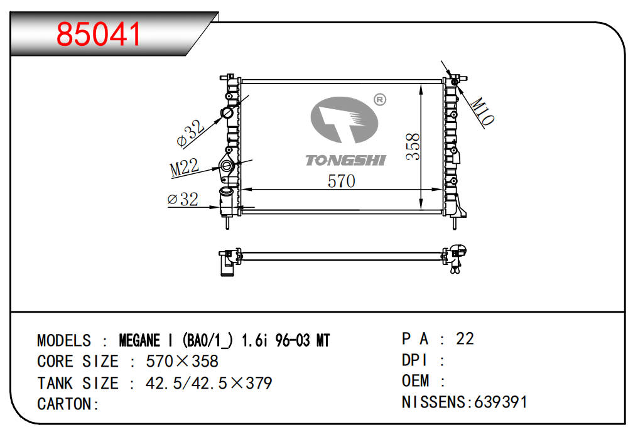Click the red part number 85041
click(x=99, y=35)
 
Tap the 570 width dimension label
click(x=342, y=181)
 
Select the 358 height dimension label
click(x=413, y=146)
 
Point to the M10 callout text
click(x=482, y=111)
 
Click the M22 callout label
click(x=184, y=167)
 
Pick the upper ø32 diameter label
click(x=190, y=132)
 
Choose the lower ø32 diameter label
click(x=183, y=199)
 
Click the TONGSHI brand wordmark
click(x=345, y=160)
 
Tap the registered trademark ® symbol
click(x=380, y=100)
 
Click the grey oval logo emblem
click(x=344, y=120)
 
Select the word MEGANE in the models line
click(x=139, y=340)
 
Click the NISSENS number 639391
click(x=500, y=402)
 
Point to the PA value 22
click(x=465, y=338)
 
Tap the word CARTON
click(x=64, y=404)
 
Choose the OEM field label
click(x=416, y=380)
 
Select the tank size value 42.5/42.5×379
click(x=208, y=383)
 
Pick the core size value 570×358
click(x=182, y=361)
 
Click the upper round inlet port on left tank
click(x=227, y=112)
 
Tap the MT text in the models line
click(x=323, y=340)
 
